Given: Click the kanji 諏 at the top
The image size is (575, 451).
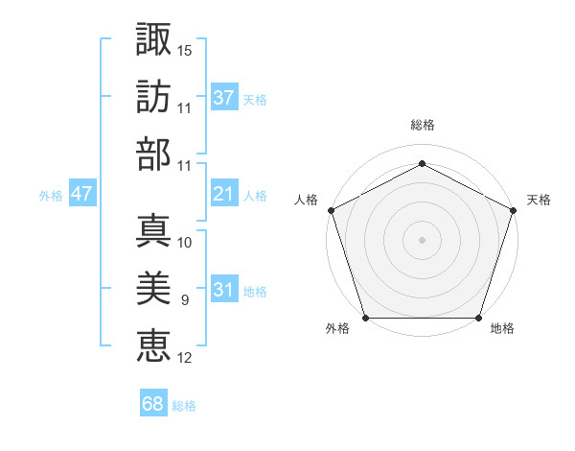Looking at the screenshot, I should point(153,40).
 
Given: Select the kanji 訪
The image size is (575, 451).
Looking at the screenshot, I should point(153,97).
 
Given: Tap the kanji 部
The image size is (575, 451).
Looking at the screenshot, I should point(153,154).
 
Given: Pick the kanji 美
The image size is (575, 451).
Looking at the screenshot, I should point(153,288).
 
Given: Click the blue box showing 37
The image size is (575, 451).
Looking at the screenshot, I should point(224,98).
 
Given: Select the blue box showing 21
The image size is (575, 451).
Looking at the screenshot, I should point(224,195).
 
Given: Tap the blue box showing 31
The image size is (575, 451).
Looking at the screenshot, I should point(224,291).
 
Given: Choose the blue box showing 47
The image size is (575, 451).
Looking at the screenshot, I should point(81,195).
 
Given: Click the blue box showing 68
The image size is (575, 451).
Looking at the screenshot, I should point(153,404).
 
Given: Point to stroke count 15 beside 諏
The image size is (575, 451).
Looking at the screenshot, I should point(185,50).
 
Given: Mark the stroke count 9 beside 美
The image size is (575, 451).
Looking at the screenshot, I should point(185,300).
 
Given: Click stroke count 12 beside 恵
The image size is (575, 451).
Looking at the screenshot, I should point(185,358).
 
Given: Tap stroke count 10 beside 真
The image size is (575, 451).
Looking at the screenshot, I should point(185,243).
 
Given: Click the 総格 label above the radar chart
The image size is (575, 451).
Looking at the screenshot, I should point(423,125).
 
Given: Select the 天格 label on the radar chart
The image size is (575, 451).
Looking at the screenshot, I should point(539,200).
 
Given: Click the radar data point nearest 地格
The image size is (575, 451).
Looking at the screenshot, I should point(479,318).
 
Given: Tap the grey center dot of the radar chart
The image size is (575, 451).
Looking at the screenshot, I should point(423,240).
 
